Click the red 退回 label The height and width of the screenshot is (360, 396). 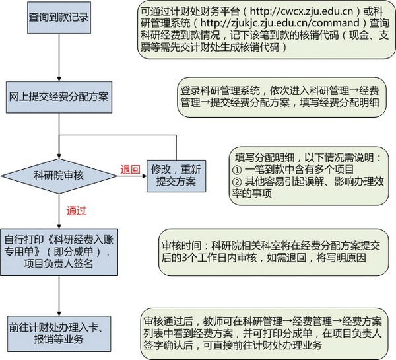pos(129,170)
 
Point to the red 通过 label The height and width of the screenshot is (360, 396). pos(77,211)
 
